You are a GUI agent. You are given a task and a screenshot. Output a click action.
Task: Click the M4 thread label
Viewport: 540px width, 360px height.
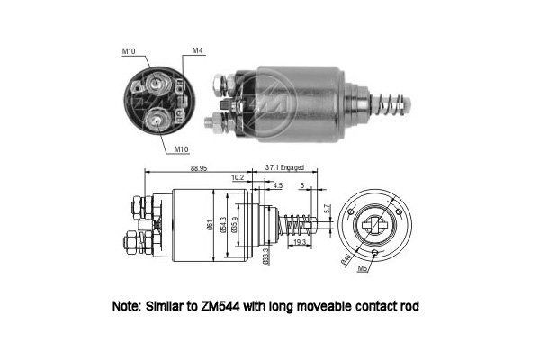[197, 50]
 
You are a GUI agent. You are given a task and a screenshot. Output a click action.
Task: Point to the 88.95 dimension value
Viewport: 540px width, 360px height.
[202, 168]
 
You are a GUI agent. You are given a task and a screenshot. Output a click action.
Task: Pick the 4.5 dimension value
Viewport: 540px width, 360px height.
[277, 186]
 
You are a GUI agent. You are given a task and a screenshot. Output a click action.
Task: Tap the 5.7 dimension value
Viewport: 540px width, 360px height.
[326, 209]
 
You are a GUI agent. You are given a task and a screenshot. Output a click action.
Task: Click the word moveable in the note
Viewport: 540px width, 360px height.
[328, 307]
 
